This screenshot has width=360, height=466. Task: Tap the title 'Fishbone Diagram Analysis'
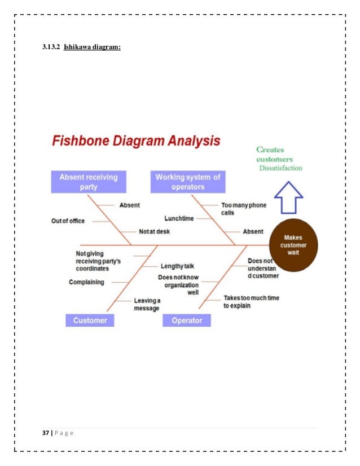pos(136,141)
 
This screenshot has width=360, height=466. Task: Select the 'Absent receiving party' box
pos(89,182)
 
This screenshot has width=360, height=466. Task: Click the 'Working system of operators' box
pos(188,182)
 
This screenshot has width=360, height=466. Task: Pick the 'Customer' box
pos(90,320)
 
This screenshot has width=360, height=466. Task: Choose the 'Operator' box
pos(187,320)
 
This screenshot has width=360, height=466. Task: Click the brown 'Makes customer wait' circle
pos(293,245)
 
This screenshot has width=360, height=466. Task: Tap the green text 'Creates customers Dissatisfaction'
pos(279,159)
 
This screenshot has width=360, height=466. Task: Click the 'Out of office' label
pos(68,221)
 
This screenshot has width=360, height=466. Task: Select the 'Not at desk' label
pos(154,231)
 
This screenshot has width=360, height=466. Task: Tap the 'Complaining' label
pos(86,282)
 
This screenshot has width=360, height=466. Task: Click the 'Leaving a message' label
pos(147,304)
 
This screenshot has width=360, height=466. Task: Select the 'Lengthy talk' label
pos(177,266)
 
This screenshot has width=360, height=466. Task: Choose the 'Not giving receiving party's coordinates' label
pos(98,261)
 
